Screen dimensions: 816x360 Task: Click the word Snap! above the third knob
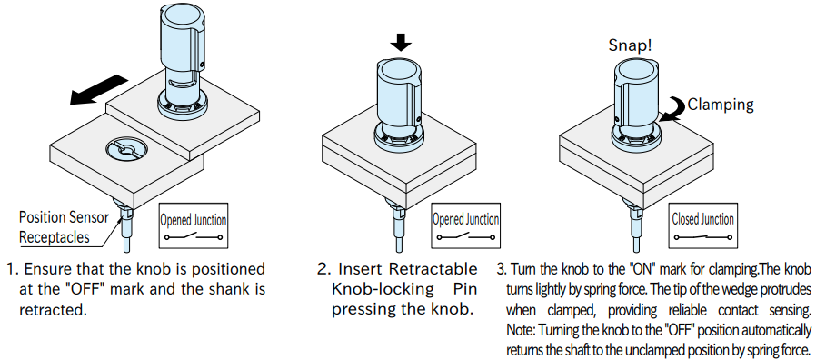630,45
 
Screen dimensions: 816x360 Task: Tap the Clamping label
721,105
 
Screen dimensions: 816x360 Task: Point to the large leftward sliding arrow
99,90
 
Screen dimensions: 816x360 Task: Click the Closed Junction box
702,225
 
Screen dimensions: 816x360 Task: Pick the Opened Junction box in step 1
193,225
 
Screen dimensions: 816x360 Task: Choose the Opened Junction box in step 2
465,225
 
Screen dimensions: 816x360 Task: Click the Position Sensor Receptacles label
64,227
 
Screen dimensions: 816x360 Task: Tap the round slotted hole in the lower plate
126,150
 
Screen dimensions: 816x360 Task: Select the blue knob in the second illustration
400,105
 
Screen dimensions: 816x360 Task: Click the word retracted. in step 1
52,310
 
